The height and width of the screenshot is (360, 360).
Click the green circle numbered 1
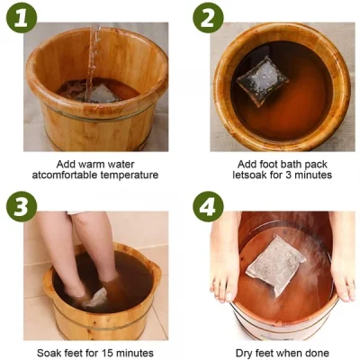coord(21,17)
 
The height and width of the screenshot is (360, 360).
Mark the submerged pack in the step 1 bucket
coord(97,93)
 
